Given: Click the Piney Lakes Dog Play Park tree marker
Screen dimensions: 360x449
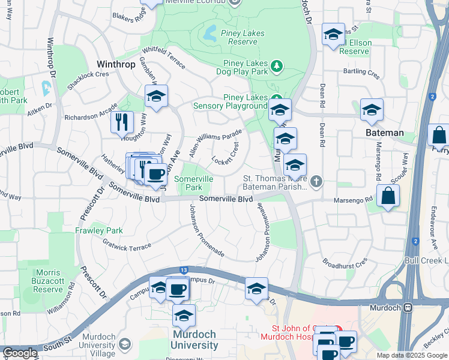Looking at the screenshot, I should [x=277, y=65].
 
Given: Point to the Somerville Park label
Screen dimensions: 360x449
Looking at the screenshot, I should [x=193, y=183].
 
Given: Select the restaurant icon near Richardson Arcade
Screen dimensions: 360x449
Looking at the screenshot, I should [x=122, y=122].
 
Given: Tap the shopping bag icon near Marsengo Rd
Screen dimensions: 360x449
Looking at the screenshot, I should [x=388, y=197].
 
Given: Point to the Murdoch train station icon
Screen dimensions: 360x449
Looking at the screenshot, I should [x=409, y=308].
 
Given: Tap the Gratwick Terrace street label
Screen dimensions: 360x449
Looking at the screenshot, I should [x=127, y=246].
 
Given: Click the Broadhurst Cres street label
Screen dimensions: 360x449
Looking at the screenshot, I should [x=345, y=263].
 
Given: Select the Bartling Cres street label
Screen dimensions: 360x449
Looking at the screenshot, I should [x=361, y=74].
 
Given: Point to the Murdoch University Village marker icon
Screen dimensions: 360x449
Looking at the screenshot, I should [x=125, y=344].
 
